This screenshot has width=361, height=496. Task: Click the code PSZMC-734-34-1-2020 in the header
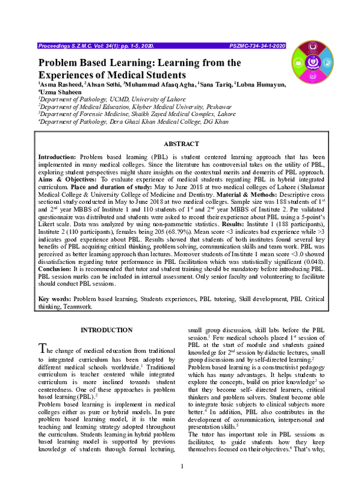coord(258,46)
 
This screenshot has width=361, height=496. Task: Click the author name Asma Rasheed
coord(61,85)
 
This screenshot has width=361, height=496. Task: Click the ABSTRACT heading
coord(180,144)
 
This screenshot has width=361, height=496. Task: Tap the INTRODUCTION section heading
coord(106,330)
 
